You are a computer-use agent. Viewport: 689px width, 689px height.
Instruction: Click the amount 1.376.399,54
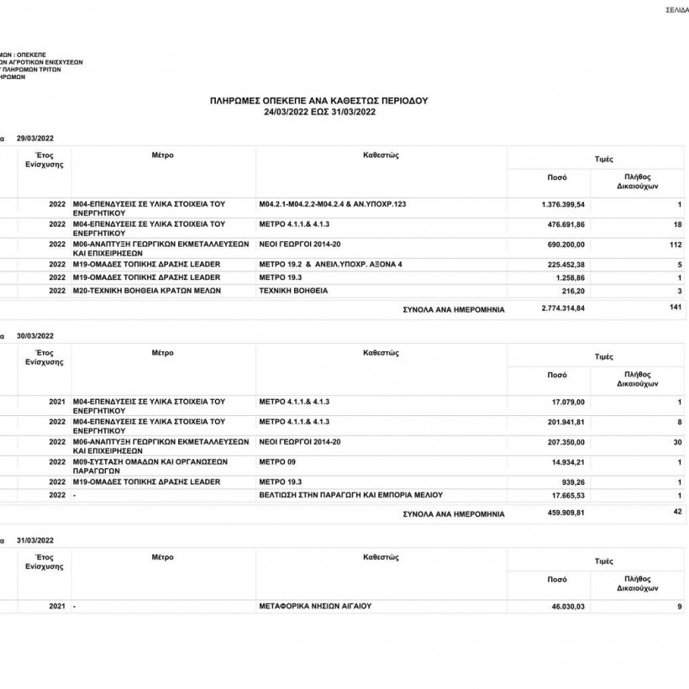pos(563,204)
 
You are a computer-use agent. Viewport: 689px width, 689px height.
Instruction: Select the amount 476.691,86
pos(565,224)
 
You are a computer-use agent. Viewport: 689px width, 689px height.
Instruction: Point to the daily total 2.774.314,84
pos(563,309)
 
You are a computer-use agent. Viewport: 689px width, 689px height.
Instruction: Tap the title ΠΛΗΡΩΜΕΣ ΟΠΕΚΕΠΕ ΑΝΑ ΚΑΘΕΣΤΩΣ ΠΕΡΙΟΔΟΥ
pos(318,100)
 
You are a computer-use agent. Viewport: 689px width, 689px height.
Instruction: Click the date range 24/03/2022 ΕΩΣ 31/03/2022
pos(318,111)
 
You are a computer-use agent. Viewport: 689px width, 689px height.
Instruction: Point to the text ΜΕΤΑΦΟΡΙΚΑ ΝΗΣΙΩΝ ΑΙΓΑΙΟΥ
pos(315,605)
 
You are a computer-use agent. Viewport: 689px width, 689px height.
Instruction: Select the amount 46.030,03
pos(568,606)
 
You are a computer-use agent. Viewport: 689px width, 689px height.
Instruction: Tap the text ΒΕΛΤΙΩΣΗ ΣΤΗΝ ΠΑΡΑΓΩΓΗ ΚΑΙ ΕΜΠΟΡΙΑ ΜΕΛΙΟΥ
pos(350,495)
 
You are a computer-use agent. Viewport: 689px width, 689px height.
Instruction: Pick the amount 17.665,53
pos(568,496)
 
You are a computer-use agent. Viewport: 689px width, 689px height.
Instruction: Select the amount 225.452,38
pos(565,265)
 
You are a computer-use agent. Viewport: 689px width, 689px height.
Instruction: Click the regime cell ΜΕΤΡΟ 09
pos(278,461)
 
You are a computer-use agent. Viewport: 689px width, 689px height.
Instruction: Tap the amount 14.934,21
pos(568,462)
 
